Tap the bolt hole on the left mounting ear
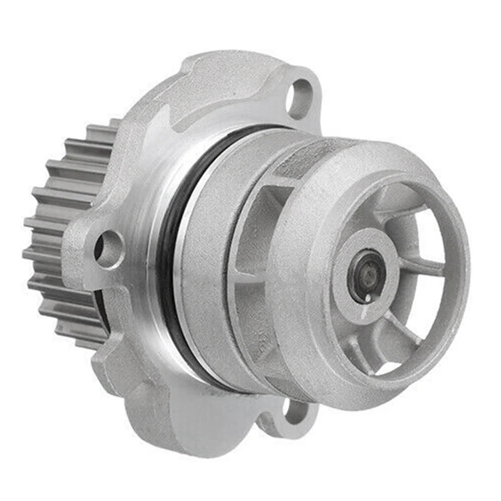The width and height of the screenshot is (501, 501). [x=109, y=247]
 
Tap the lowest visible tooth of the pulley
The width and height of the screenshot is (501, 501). [x=88, y=341]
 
